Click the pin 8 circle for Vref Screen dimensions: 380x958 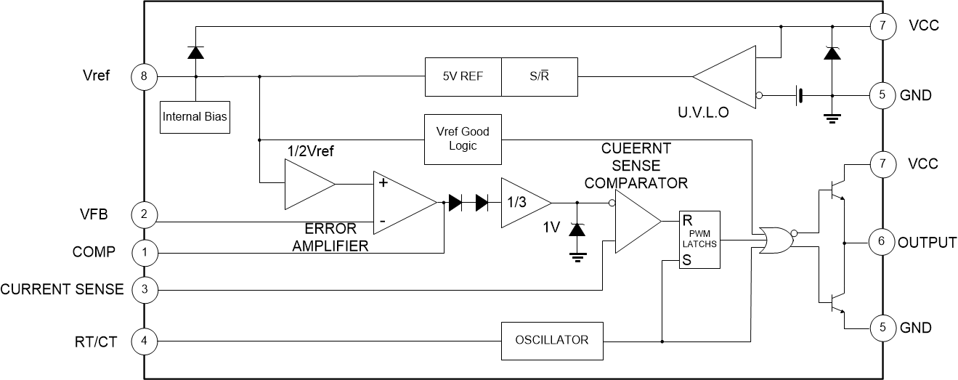[144, 76]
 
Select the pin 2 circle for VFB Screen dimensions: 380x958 [144, 214]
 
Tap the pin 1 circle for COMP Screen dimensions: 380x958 [144, 253]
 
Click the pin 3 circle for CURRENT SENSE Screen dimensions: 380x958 [144, 290]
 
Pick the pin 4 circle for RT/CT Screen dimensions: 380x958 [144, 340]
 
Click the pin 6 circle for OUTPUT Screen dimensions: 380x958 [882, 242]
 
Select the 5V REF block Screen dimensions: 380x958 [463, 76]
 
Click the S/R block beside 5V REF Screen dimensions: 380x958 [540, 76]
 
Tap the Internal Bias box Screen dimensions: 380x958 [195, 116]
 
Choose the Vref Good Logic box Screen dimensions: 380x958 [463, 138]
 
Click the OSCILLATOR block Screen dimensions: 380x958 [552, 340]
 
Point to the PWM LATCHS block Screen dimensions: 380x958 [699, 240]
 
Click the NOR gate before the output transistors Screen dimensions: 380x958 [774, 240]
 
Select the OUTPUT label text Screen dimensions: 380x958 [927, 243]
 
